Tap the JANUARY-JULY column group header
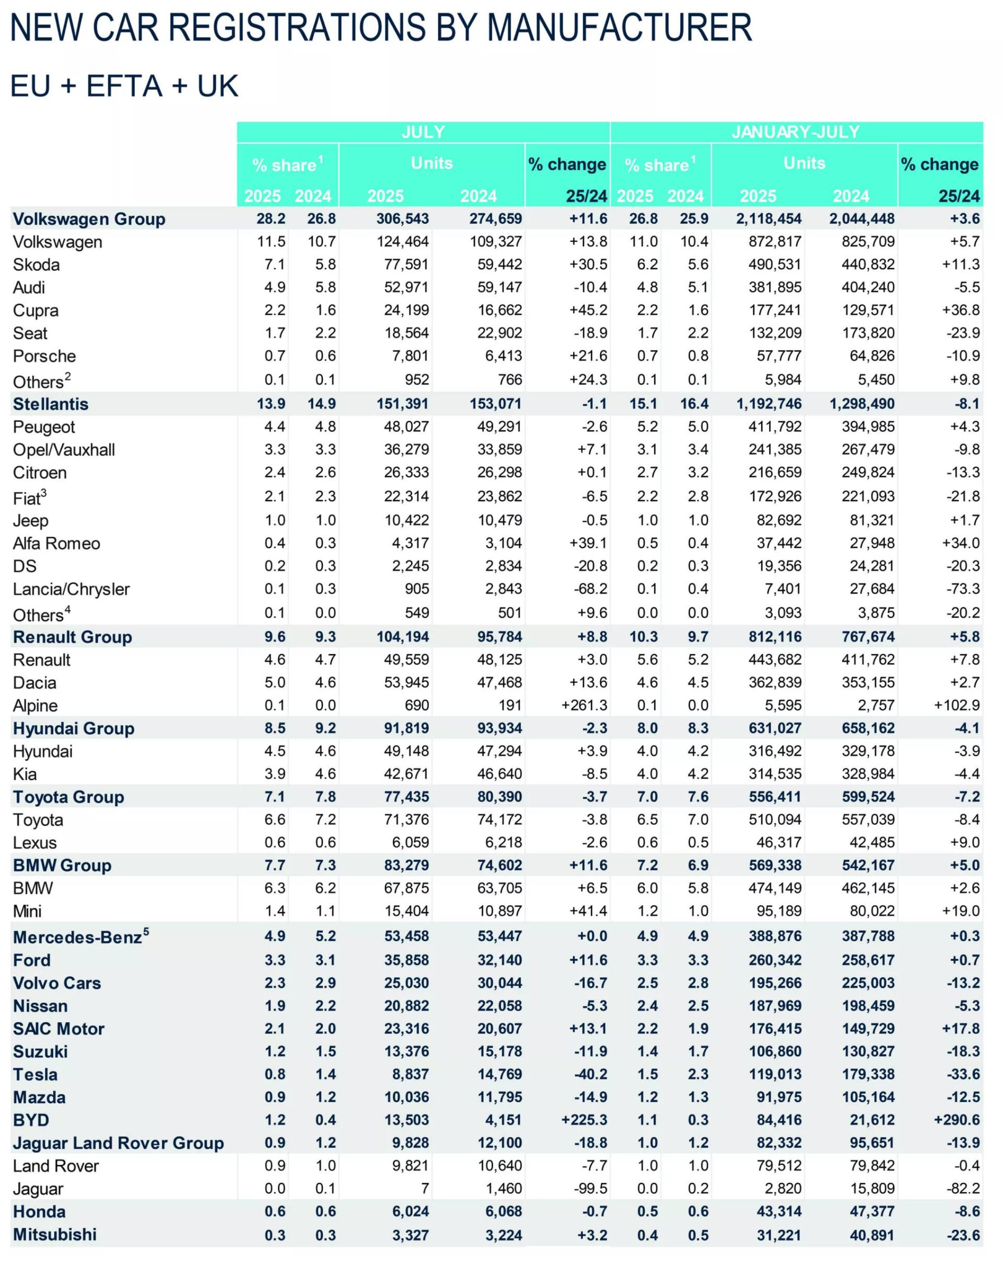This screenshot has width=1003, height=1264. (795, 132)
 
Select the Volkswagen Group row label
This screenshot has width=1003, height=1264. (89, 219)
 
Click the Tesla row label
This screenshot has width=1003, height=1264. (35, 1074)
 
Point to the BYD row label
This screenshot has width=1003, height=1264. (31, 1120)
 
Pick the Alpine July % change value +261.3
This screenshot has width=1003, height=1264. (584, 705)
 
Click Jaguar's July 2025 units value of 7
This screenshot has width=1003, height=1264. (424, 1188)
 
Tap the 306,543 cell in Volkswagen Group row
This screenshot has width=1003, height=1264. (403, 219)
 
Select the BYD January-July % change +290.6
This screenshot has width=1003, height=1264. (956, 1120)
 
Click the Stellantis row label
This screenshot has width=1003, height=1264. (51, 404)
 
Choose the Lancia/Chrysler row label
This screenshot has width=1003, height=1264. (71, 588)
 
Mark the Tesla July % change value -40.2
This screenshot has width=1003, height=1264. (590, 1074)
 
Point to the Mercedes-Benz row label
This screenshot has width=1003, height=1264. (77, 937)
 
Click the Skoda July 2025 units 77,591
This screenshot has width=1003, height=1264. (406, 264)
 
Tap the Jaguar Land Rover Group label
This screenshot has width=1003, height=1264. (119, 1143)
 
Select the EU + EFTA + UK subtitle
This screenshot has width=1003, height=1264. (124, 86)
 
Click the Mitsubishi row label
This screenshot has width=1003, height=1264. (54, 1234)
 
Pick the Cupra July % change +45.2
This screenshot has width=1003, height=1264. (588, 310)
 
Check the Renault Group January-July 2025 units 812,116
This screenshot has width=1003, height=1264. (774, 636)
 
